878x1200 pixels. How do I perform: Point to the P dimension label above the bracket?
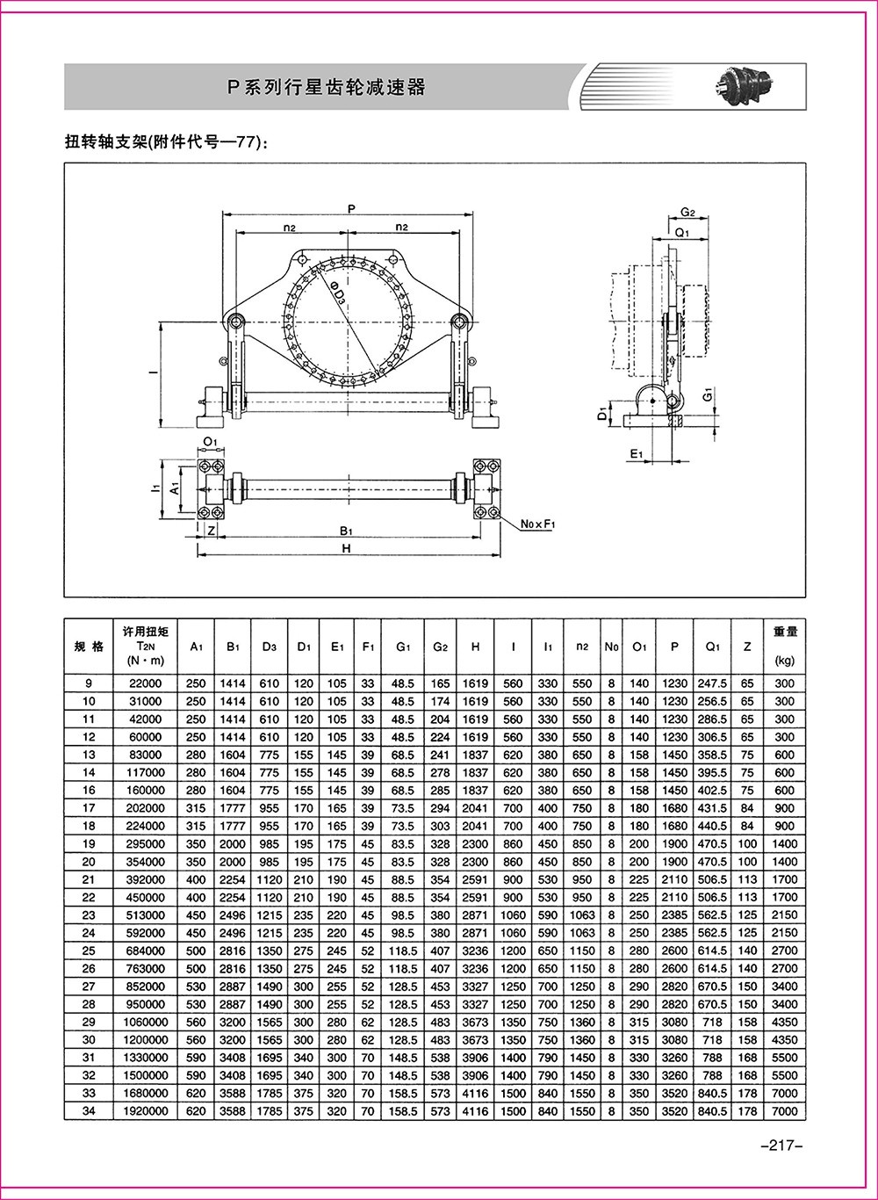point(351,209)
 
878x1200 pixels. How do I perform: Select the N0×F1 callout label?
point(538,524)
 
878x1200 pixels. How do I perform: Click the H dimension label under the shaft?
point(347,548)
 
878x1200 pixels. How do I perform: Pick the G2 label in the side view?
point(687,213)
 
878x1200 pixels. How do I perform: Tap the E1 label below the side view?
point(636,454)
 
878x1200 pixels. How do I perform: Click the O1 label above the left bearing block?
point(211,442)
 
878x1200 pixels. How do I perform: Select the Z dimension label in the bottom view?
point(212,531)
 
